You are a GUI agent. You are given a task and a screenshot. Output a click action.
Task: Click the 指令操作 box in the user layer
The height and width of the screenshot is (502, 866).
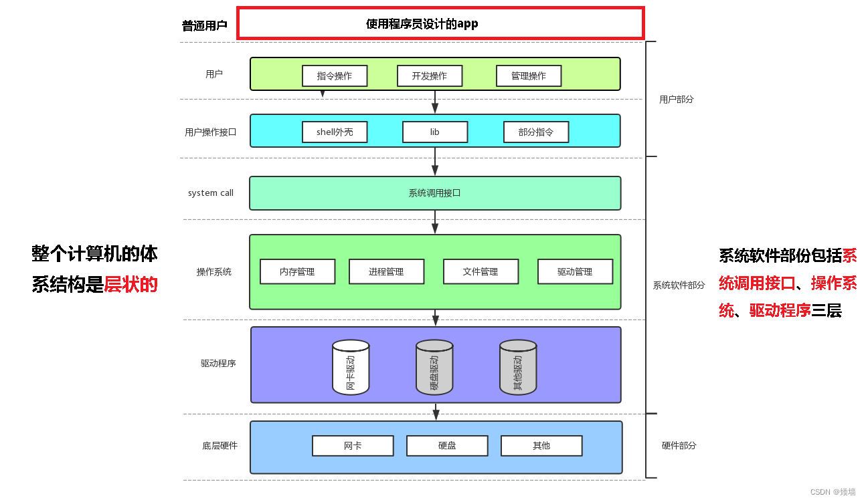[x=335, y=76]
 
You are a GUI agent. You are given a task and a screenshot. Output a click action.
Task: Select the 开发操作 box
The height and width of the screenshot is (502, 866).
[x=430, y=76]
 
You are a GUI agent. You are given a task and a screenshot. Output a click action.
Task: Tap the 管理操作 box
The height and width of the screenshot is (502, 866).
[x=529, y=76]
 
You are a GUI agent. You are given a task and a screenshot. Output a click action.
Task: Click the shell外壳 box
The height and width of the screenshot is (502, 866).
[x=335, y=132]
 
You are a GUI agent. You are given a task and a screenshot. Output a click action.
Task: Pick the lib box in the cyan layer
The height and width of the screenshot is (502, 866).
[x=435, y=132]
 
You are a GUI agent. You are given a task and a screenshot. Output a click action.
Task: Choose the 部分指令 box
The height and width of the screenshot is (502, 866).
[x=536, y=132]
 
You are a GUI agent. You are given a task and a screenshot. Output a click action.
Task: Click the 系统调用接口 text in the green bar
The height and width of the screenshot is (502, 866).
[x=434, y=193]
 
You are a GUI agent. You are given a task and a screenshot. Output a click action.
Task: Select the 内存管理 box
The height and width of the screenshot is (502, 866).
[x=297, y=272]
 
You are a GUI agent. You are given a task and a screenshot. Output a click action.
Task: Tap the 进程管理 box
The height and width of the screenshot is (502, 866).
[x=386, y=272]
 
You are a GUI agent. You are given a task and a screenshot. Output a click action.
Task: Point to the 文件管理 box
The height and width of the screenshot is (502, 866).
[x=481, y=272]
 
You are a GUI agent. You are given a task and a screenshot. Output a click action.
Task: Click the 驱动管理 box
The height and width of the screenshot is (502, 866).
[x=575, y=272]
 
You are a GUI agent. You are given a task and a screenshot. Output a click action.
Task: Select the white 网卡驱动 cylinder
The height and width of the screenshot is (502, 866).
[x=351, y=368]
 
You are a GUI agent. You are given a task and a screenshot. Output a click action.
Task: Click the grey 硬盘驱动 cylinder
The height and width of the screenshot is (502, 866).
[x=434, y=368]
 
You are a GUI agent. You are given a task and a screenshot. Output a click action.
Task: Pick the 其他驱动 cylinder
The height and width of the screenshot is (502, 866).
[x=518, y=368]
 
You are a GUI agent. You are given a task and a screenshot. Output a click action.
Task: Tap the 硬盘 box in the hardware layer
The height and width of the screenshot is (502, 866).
[x=447, y=446]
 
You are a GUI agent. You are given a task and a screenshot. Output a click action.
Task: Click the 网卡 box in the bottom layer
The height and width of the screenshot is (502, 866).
[x=353, y=446]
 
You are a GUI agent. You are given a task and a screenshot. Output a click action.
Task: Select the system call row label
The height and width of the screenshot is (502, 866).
[x=211, y=193]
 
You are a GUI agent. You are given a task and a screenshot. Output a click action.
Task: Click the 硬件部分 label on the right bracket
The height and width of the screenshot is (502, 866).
[x=679, y=446]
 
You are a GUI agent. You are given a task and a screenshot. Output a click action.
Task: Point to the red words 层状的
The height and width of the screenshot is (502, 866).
[x=131, y=285]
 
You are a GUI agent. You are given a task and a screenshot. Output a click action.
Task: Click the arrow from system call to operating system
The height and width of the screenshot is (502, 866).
[x=435, y=222]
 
